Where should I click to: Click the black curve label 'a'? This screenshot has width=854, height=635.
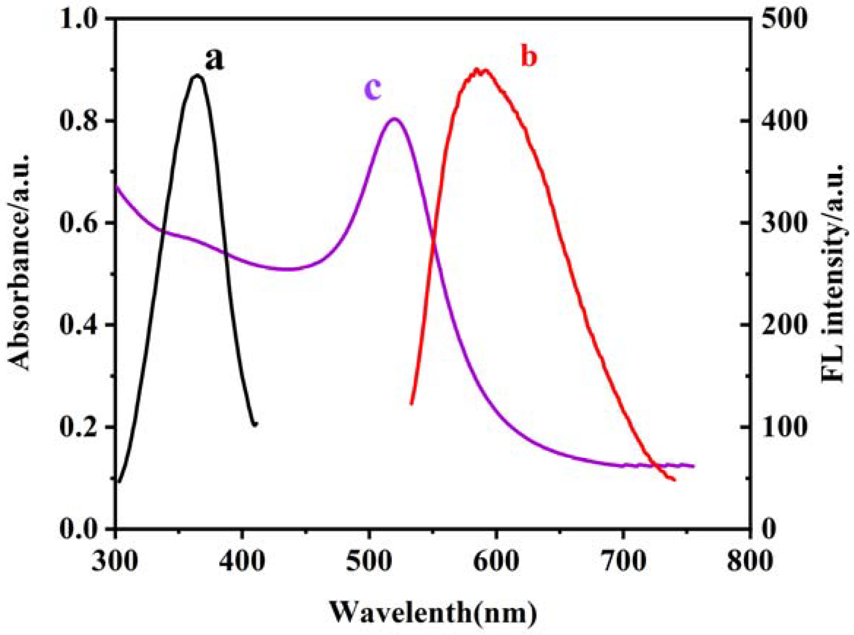pyautogui.click(x=214, y=61)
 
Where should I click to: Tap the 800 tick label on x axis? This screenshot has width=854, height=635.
pyautogui.click(x=750, y=562)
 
